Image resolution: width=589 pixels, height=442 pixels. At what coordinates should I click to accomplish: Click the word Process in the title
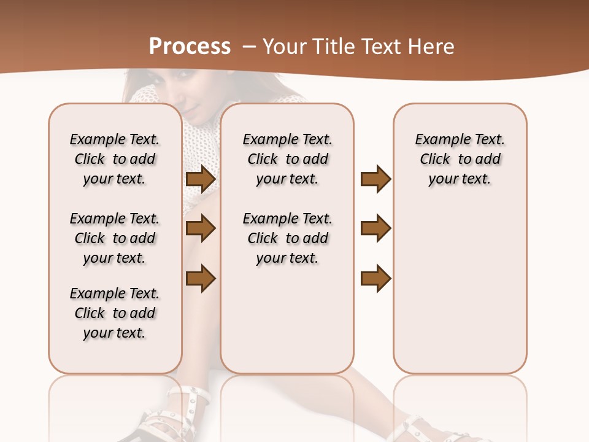[190, 47]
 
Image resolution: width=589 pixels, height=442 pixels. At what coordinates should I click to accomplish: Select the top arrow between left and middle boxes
[200, 179]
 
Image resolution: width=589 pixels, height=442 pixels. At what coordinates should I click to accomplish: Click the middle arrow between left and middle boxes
[200, 228]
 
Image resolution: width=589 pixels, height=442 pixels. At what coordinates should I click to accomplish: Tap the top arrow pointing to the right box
[375, 179]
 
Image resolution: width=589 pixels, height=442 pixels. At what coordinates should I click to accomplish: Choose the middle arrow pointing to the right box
[375, 228]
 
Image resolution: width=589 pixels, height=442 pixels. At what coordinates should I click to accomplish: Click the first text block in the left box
[115, 159]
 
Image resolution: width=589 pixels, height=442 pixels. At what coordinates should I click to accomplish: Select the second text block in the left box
[115, 238]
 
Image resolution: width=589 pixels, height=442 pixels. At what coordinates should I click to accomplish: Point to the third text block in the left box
[115, 313]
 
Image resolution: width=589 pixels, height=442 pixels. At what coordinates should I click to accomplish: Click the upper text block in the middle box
[287, 159]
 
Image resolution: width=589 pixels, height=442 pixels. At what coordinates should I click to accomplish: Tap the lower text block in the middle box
[287, 238]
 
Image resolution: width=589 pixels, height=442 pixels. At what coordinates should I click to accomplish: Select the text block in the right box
[460, 159]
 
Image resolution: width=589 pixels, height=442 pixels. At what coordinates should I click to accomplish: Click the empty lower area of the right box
[460, 289]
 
